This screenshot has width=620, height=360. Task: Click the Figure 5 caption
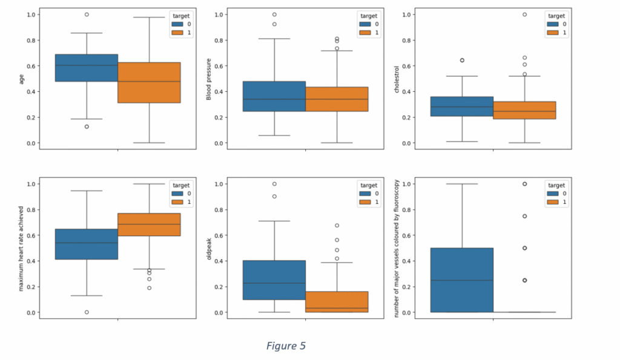pyautogui.click(x=286, y=346)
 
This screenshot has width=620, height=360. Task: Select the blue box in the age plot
pyautogui.click(x=86, y=68)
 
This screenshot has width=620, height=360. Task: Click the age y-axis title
pyautogui.click(x=22, y=78)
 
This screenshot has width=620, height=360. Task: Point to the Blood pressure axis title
pyautogui.click(x=209, y=78)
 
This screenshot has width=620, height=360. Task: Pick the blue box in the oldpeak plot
pyautogui.click(x=274, y=280)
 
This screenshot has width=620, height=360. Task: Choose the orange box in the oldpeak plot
pyautogui.click(x=337, y=301)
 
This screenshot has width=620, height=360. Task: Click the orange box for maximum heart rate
pyautogui.click(x=149, y=224)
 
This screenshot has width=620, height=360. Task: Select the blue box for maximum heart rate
pyautogui.click(x=86, y=244)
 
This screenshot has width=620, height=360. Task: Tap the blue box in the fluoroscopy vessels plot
pyautogui.click(x=462, y=280)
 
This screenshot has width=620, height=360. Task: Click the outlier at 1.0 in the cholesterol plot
pyautogui.click(x=524, y=15)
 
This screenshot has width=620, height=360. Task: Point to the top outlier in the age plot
pyautogui.click(x=87, y=15)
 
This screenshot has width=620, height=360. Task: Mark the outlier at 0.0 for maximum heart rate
pyautogui.click(x=87, y=312)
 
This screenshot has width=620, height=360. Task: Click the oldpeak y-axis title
pyautogui.click(x=209, y=248)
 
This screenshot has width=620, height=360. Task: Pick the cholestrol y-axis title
pyautogui.click(x=397, y=78)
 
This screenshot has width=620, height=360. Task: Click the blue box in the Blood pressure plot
pyautogui.click(x=274, y=96)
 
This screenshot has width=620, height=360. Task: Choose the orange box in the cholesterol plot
pyautogui.click(x=524, y=110)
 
